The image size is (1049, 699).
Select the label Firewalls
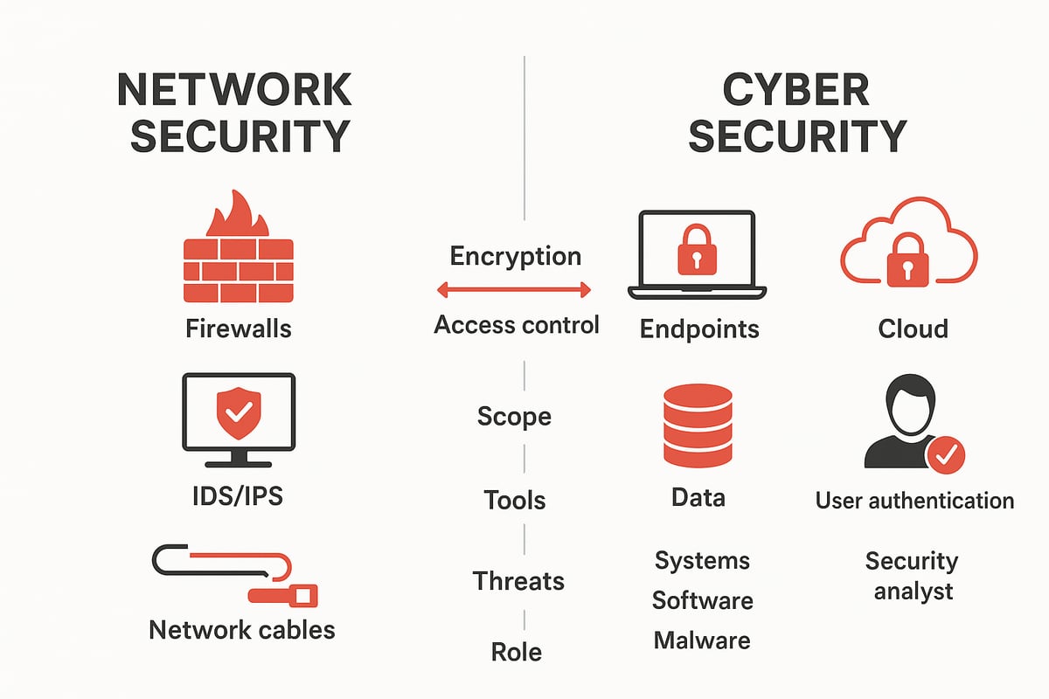coord(239,329)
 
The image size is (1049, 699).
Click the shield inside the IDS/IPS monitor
coord(237,413)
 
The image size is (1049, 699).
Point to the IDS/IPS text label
coord(238,496)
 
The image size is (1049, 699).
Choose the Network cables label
coord(242,629)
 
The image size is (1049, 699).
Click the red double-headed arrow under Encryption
coord(514,289)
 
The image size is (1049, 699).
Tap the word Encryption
coord(515,256)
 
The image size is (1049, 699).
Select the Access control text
coord(517,325)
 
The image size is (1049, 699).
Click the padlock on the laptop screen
coord(697,250)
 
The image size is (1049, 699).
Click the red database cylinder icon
coord(698,425)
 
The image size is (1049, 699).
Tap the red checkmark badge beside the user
coord(948,453)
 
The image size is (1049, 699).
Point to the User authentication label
coord(914,501)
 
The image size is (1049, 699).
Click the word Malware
coord(702,640)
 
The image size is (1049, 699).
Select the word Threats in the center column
coord(518,581)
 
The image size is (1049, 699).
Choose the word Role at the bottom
coord(516,652)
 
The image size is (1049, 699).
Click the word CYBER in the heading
coord(795,90)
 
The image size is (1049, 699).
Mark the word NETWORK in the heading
coord(234,90)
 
